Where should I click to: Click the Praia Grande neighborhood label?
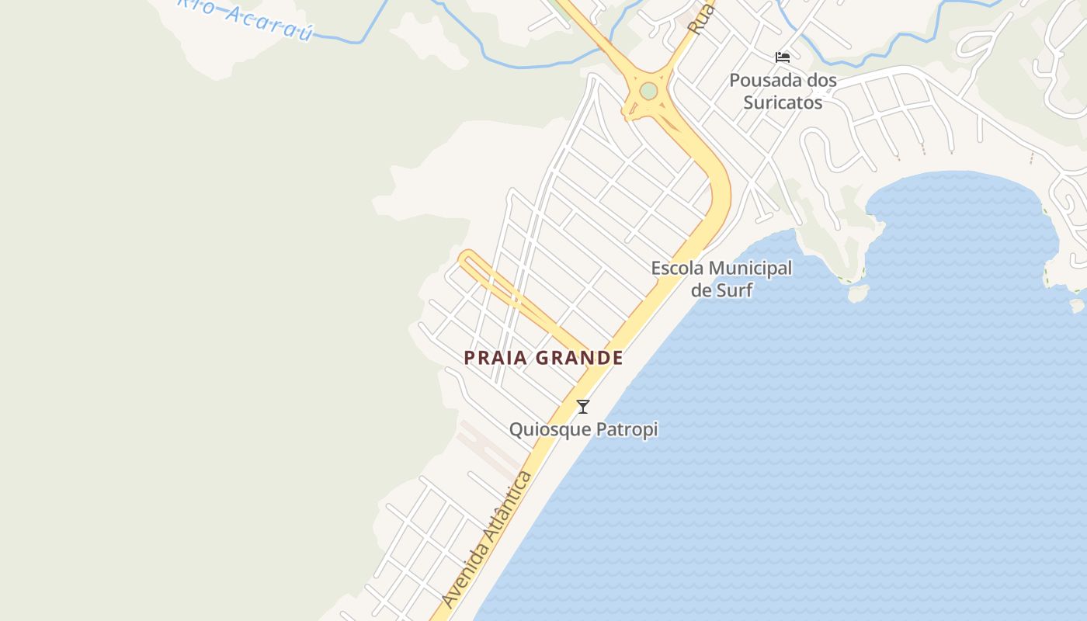coord(543,358)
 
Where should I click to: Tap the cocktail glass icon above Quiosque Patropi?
coord(583,406)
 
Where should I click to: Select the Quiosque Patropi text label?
coord(583,429)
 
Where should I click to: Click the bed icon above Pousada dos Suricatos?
coord(783,57)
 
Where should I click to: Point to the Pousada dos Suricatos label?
coord(783,91)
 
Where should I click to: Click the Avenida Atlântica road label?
coord(487,540)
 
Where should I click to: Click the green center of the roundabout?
coord(648,92)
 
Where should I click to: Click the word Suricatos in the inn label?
coord(783,102)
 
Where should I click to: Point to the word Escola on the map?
coord(678,269)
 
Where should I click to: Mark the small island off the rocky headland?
coord(858,293)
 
